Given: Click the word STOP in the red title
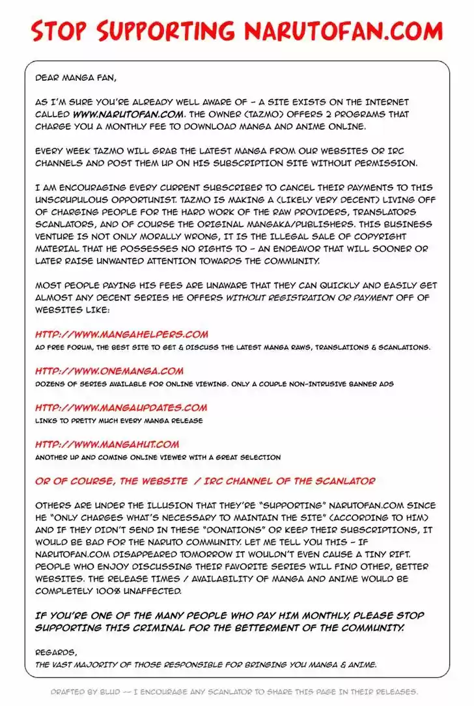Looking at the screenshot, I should click(60, 31).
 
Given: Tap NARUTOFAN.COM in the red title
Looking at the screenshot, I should click(343, 31).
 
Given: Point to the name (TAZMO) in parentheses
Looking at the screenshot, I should click(260, 115).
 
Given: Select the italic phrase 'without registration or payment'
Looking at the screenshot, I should click(310, 298).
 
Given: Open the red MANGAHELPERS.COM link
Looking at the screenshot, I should click(122, 335).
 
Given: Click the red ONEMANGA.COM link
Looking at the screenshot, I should click(109, 371).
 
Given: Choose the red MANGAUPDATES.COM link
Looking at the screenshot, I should click(121, 408).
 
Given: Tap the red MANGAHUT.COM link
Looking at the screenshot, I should click(107, 444).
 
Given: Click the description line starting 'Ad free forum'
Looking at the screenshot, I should click(232, 348).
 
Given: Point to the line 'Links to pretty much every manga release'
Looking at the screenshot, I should click(119, 421).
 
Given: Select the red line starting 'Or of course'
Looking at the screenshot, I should click(205, 481).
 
